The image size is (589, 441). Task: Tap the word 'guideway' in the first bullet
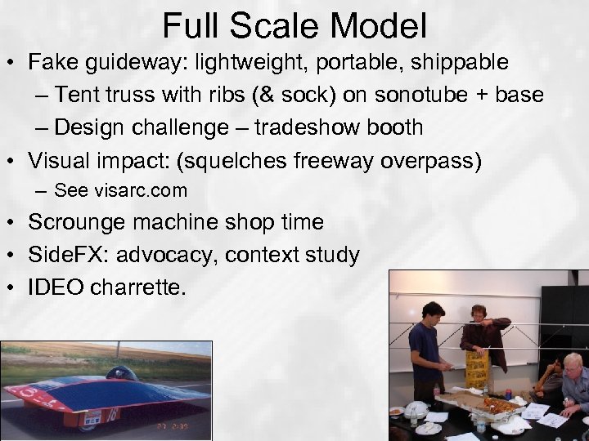137,64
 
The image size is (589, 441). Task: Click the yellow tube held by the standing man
477,364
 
